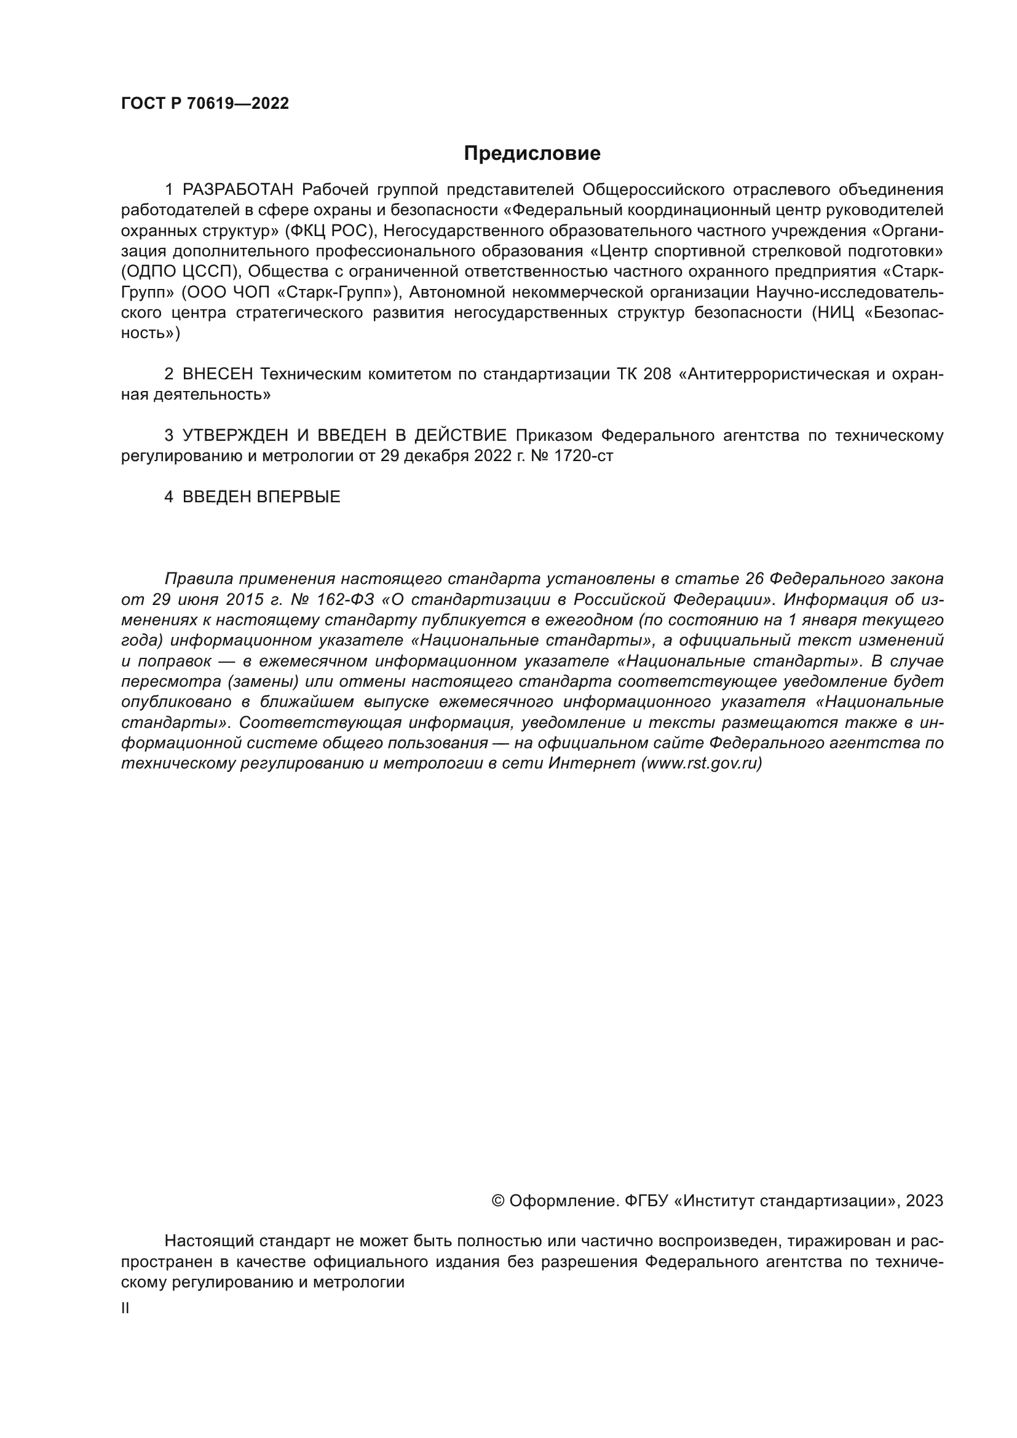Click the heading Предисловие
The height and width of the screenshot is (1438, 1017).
[x=532, y=154]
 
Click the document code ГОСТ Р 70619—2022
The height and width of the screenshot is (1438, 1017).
[x=205, y=104]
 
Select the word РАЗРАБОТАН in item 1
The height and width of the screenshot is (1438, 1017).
[x=237, y=190]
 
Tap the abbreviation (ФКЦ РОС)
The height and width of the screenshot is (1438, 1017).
[x=330, y=231]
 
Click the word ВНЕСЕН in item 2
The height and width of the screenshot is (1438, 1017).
[x=217, y=374]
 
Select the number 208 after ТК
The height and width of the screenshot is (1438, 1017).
[x=657, y=374]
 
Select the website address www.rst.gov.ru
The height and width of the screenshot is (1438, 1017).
[x=701, y=764]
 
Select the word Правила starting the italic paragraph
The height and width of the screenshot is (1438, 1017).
[x=198, y=579]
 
